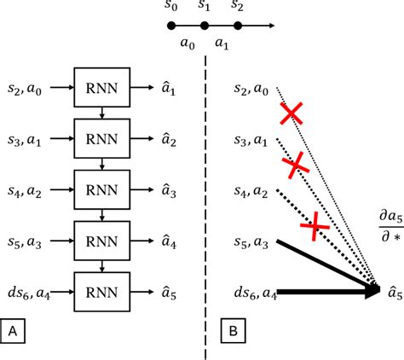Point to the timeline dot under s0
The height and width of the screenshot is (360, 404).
click(x=173, y=26)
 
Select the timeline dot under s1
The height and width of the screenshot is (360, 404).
click(x=205, y=26)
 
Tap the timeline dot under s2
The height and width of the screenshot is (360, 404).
click(x=237, y=26)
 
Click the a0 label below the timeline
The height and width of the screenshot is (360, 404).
click(x=188, y=43)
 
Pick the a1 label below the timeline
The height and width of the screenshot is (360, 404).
click(x=221, y=43)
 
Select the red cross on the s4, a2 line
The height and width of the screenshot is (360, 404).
click(x=315, y=224)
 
